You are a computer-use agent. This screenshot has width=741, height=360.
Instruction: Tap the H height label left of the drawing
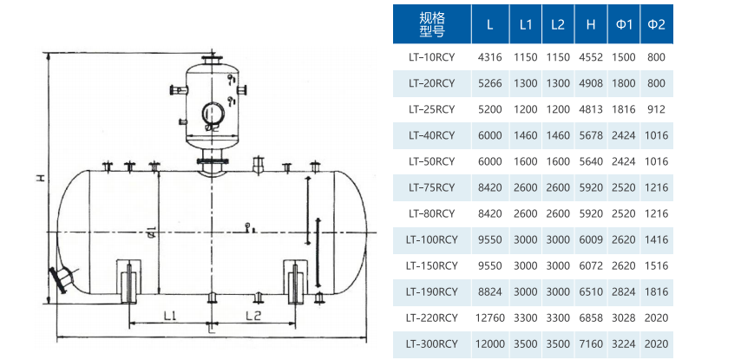40,177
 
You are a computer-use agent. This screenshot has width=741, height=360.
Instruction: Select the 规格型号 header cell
431,24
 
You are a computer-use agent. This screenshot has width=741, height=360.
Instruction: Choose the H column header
590,24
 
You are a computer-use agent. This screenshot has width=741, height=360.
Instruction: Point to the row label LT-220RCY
431,318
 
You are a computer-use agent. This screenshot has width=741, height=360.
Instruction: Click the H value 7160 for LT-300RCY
590,344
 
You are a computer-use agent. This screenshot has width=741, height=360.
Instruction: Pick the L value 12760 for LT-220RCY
490,318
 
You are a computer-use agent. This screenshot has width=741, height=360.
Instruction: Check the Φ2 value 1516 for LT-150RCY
657,266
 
